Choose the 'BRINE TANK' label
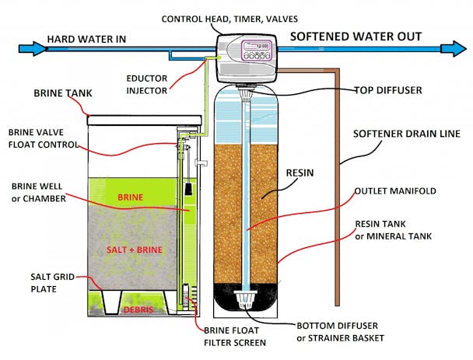tap(62, 93)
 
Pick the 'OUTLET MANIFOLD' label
tap(394, 190)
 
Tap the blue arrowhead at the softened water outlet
tap(457, 48)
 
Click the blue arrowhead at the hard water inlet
tap(28, 48)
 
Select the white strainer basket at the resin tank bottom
tap(246, 297)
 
